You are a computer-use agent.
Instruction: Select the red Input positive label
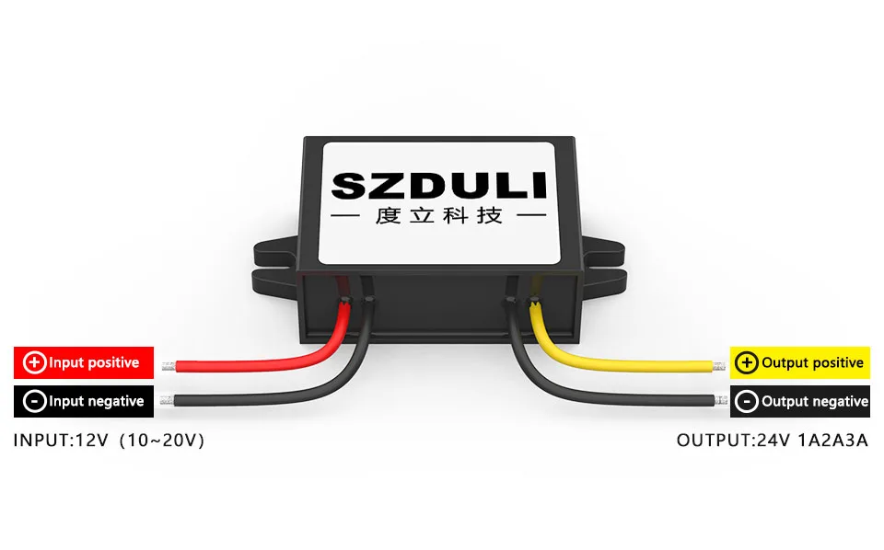pyautogui.click(x=83, y=362)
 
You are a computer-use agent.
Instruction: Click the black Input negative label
pyautogui.click(x=83, y=401)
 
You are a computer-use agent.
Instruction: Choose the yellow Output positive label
pyautogui.click(x=799, y=363)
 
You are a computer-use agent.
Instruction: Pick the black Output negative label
pyautogui.click(x=799, y=401)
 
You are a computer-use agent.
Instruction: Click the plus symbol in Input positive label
pyautogui.click(x=34, y=362)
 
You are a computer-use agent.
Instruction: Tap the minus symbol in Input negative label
pyautogui.click(x=34, y=401)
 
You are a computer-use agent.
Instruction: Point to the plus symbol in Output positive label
pyautogui.click(x=748, y=363)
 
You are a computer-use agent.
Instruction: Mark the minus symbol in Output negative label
pyautogui.click(x=748, y=401)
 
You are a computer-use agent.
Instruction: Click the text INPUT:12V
pyautogui.click(x=54, y=441)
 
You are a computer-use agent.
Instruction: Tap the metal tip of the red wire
pyautogui.click(x=169, y=366)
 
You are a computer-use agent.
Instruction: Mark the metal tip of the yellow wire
pyautogui.click(x=719, y=366)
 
